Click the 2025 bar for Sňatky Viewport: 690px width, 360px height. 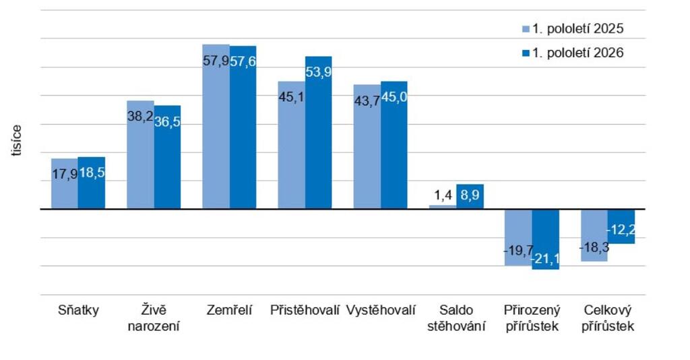tap(65, 183)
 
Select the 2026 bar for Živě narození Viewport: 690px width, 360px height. tap(167, 157)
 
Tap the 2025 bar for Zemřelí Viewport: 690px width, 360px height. tap(216, 126)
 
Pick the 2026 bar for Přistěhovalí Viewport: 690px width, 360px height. tap(319, 132)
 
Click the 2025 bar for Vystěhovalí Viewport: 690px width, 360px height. tap(367, 146)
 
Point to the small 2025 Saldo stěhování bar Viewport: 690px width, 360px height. tap(443, 207)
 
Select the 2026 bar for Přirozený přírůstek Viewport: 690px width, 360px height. tap(546, 239)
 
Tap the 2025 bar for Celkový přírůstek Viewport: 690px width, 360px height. tap(594, 235)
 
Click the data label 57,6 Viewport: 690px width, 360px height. tap(243, 61)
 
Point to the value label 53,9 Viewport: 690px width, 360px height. tap(319, 71)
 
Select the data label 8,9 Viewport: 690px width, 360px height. tap(470, 195)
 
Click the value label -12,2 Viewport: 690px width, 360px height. tap(621, 230)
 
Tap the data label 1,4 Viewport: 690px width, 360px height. tap(443, 195)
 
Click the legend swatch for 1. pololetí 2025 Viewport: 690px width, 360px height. tap(526, 29)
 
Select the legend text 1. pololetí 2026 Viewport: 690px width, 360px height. tap(577, 53)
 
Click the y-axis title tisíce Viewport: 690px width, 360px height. tap(16, 140)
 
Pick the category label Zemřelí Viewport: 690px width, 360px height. tap(229, 310)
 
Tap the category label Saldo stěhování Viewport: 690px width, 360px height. tap(456, 318)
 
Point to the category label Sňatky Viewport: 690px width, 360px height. tap(78, 310)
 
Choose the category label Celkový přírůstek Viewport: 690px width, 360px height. tap(608, 318)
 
